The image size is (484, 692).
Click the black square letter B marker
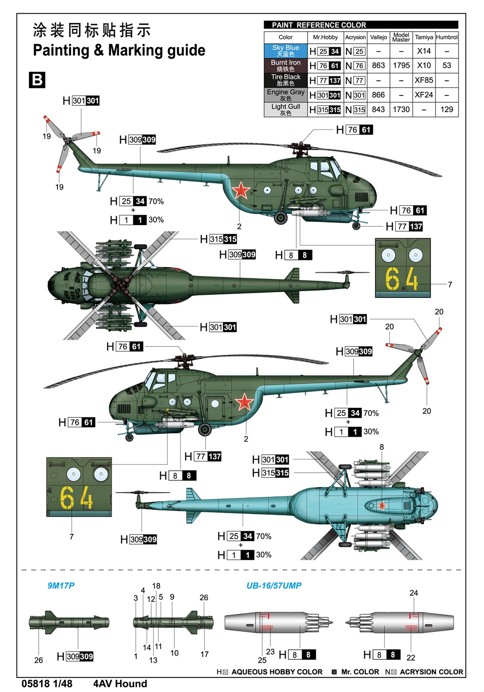[x=37, y=80]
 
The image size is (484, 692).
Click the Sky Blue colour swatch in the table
[x=285, y=51]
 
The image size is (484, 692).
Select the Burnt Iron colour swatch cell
[x=285, y=65]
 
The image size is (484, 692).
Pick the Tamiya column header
[x=424, y=37]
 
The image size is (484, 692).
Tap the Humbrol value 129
[x=447, y=109]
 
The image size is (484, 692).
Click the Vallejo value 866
[x=378, y=95]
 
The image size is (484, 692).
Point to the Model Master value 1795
[x=401, y=65]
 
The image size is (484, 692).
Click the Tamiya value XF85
[x=424, y=80]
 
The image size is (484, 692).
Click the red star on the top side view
[x=241, y=190]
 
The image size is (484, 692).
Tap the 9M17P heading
[x=61, y=586]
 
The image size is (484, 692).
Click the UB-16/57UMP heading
[x=274, y=586]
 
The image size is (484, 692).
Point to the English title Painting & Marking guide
[x=119, y=50]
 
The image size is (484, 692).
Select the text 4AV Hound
[x=120, y=683]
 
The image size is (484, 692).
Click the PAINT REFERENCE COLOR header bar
[x=361, y=25]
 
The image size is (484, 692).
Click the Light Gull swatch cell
[x=285, y=109]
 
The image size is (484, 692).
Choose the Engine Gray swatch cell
[x=285, y=95]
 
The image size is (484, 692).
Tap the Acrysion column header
[x=355, y=37]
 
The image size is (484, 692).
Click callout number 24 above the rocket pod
[x=414, y=593]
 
